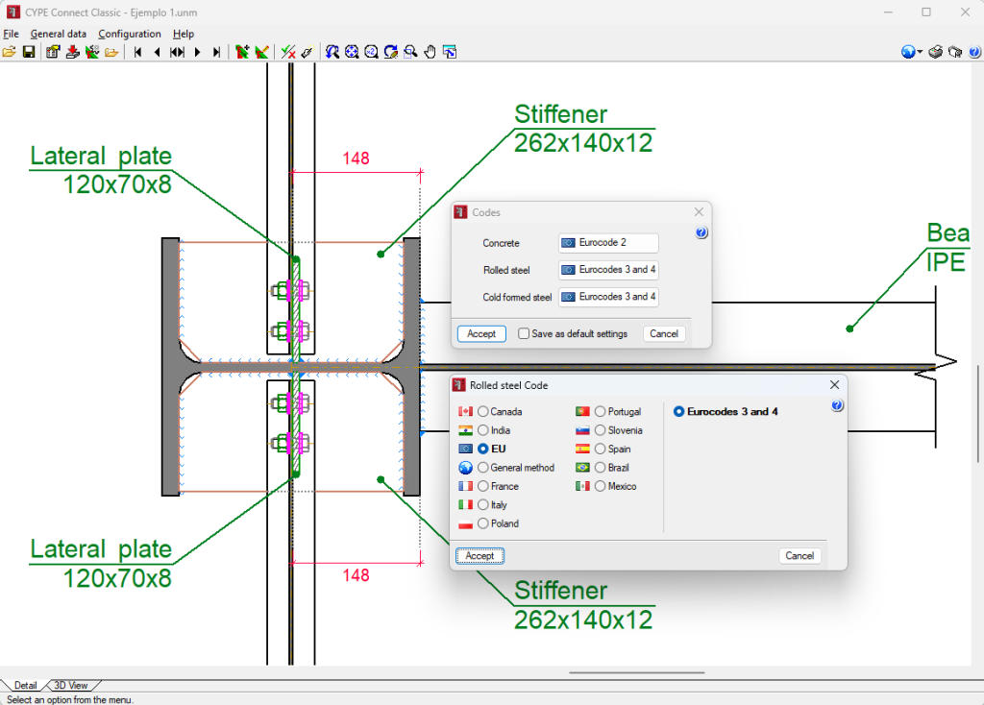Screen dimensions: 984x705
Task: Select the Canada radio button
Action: pos(483,411)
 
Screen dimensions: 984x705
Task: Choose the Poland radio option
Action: pos(483,523)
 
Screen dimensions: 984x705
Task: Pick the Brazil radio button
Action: pos(601,468)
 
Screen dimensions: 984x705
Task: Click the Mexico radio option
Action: pos(601,486)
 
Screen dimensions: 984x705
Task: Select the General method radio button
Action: pos(483,468)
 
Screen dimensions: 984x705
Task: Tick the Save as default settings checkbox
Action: pos(524,333)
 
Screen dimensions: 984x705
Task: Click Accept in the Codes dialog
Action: pos(481,333)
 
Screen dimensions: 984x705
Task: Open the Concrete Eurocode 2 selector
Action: pos(608,243)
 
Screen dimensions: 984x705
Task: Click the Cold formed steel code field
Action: pos(608,297)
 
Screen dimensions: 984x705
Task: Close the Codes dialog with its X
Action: pos(700,212)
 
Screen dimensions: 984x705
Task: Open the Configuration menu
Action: pos(130,34)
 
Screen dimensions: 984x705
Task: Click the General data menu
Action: pos(59,34)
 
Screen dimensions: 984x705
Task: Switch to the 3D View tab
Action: pos(71,686)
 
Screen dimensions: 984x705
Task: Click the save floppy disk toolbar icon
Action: pos(29,52)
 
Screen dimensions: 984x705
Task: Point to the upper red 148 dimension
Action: pos(356,158)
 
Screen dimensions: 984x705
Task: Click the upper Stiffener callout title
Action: pos(561,114)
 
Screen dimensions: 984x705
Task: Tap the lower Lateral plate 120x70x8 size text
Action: pos(117,577)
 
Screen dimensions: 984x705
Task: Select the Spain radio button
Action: pos(601,450)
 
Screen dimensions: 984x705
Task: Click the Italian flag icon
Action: pos(466,505)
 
